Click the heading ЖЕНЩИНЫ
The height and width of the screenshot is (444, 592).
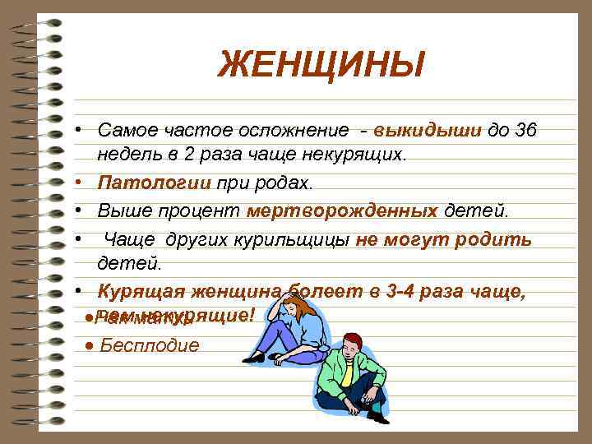point(321,64)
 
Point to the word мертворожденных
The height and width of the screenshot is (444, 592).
point(341,210)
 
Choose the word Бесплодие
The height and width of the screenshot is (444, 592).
point(149,345)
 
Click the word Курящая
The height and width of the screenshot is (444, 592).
point(140,291)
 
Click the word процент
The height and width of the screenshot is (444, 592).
point(201,210)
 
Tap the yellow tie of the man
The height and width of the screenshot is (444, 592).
point(347,374)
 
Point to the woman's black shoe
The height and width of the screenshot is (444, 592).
point(253,358)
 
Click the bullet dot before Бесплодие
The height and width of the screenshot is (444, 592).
point(89,345)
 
